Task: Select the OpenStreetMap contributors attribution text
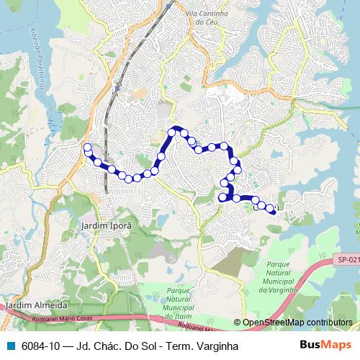point(297,323)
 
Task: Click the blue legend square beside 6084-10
point(9,346)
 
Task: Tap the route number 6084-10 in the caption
point(41,346)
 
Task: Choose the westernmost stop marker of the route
point(87,148)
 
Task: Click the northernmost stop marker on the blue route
point(173,131)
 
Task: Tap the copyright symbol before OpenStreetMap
point(237,323)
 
